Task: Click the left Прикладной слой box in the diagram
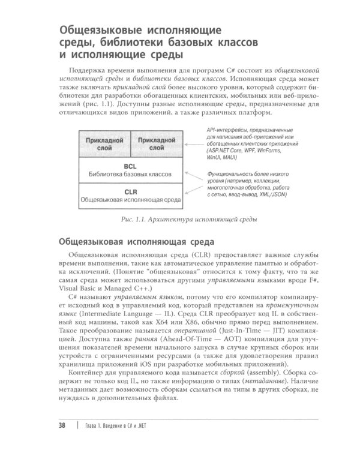click(x=104, y=143)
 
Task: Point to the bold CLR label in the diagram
click(x=130, y=192)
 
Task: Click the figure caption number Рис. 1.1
click(x=134, y=220)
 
